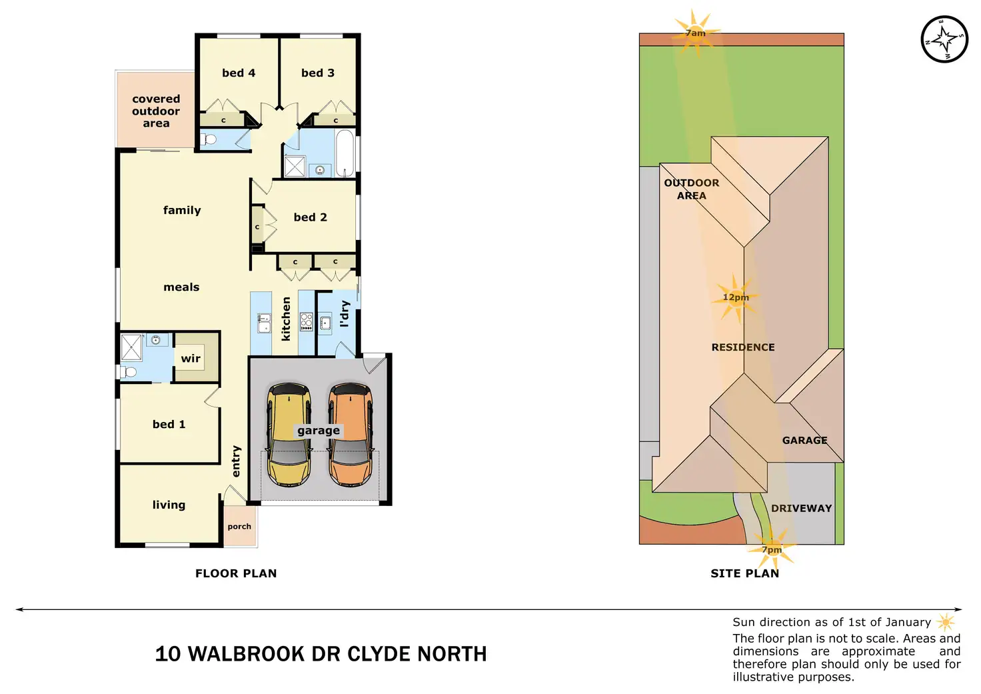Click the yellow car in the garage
(289, 435)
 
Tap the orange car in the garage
(350, 435)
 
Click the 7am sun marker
(695, 33)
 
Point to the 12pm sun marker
(736, 297)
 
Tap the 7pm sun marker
(772, 549)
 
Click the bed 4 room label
(239, 73)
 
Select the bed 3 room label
(318, 73)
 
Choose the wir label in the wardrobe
(191, 359)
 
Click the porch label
(239, 527)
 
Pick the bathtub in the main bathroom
(345, 153)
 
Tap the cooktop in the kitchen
(307, 321)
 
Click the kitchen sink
(264, 323)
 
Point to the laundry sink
(325, 324)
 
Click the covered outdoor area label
(156, 111)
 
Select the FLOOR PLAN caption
(236, 573)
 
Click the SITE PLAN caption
(744, 573)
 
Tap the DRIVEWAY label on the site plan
(801, 508)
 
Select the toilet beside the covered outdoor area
(209, 139)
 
